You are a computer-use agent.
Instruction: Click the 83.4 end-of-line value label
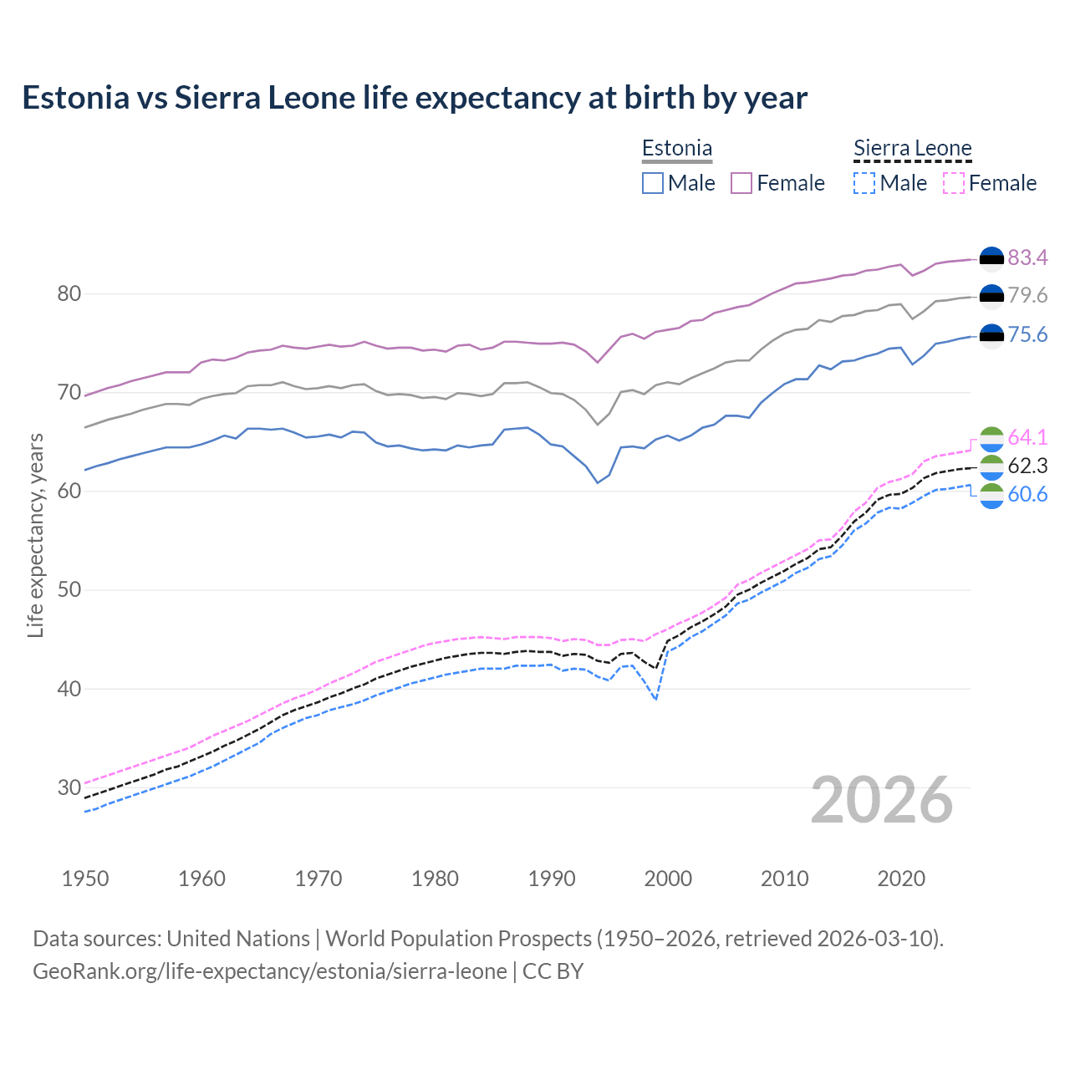pyautogui.click(x=1027, y=257)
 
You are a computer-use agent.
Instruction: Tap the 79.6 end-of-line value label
pyautogui.click(x=1027, y=295)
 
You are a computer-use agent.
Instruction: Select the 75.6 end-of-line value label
pyautogui.click(x=1027, y=335)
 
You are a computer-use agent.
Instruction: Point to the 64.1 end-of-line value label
pyautogui.click(x=1027, y=437)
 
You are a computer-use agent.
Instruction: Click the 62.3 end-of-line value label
pyautogui.click(x=1027, y=466)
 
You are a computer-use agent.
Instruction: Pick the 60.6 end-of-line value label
pyautogui.click(x=1027, y=494)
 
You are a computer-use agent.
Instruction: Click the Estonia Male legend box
pyautogui.click(x=653, y=183)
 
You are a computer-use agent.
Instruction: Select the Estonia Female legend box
pyautogui.click(x=741, y=183)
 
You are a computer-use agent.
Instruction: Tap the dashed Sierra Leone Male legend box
pyautogui.click(x=864, y=183)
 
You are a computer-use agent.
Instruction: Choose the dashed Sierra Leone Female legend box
pyautogui.click(x=954, y=183)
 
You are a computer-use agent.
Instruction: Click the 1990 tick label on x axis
pyautogui.click(x=552, y=879)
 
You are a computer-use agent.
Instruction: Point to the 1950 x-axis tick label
pyautogui.click(x=85, y=879)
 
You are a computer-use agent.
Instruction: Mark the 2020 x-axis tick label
pyautogui.click(x=901, y=879)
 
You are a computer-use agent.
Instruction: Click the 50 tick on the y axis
pyautogui.click(x=69, y=590)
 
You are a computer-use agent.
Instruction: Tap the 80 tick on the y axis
pyautogui.click(x=69, y=294)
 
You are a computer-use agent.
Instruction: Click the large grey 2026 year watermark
pyautogui.click(x=882, y=800)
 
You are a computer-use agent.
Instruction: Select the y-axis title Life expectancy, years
pyautogui.click(x=35, y=535)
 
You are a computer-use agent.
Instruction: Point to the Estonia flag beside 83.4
pyautogui.click(x=991, y=258)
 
